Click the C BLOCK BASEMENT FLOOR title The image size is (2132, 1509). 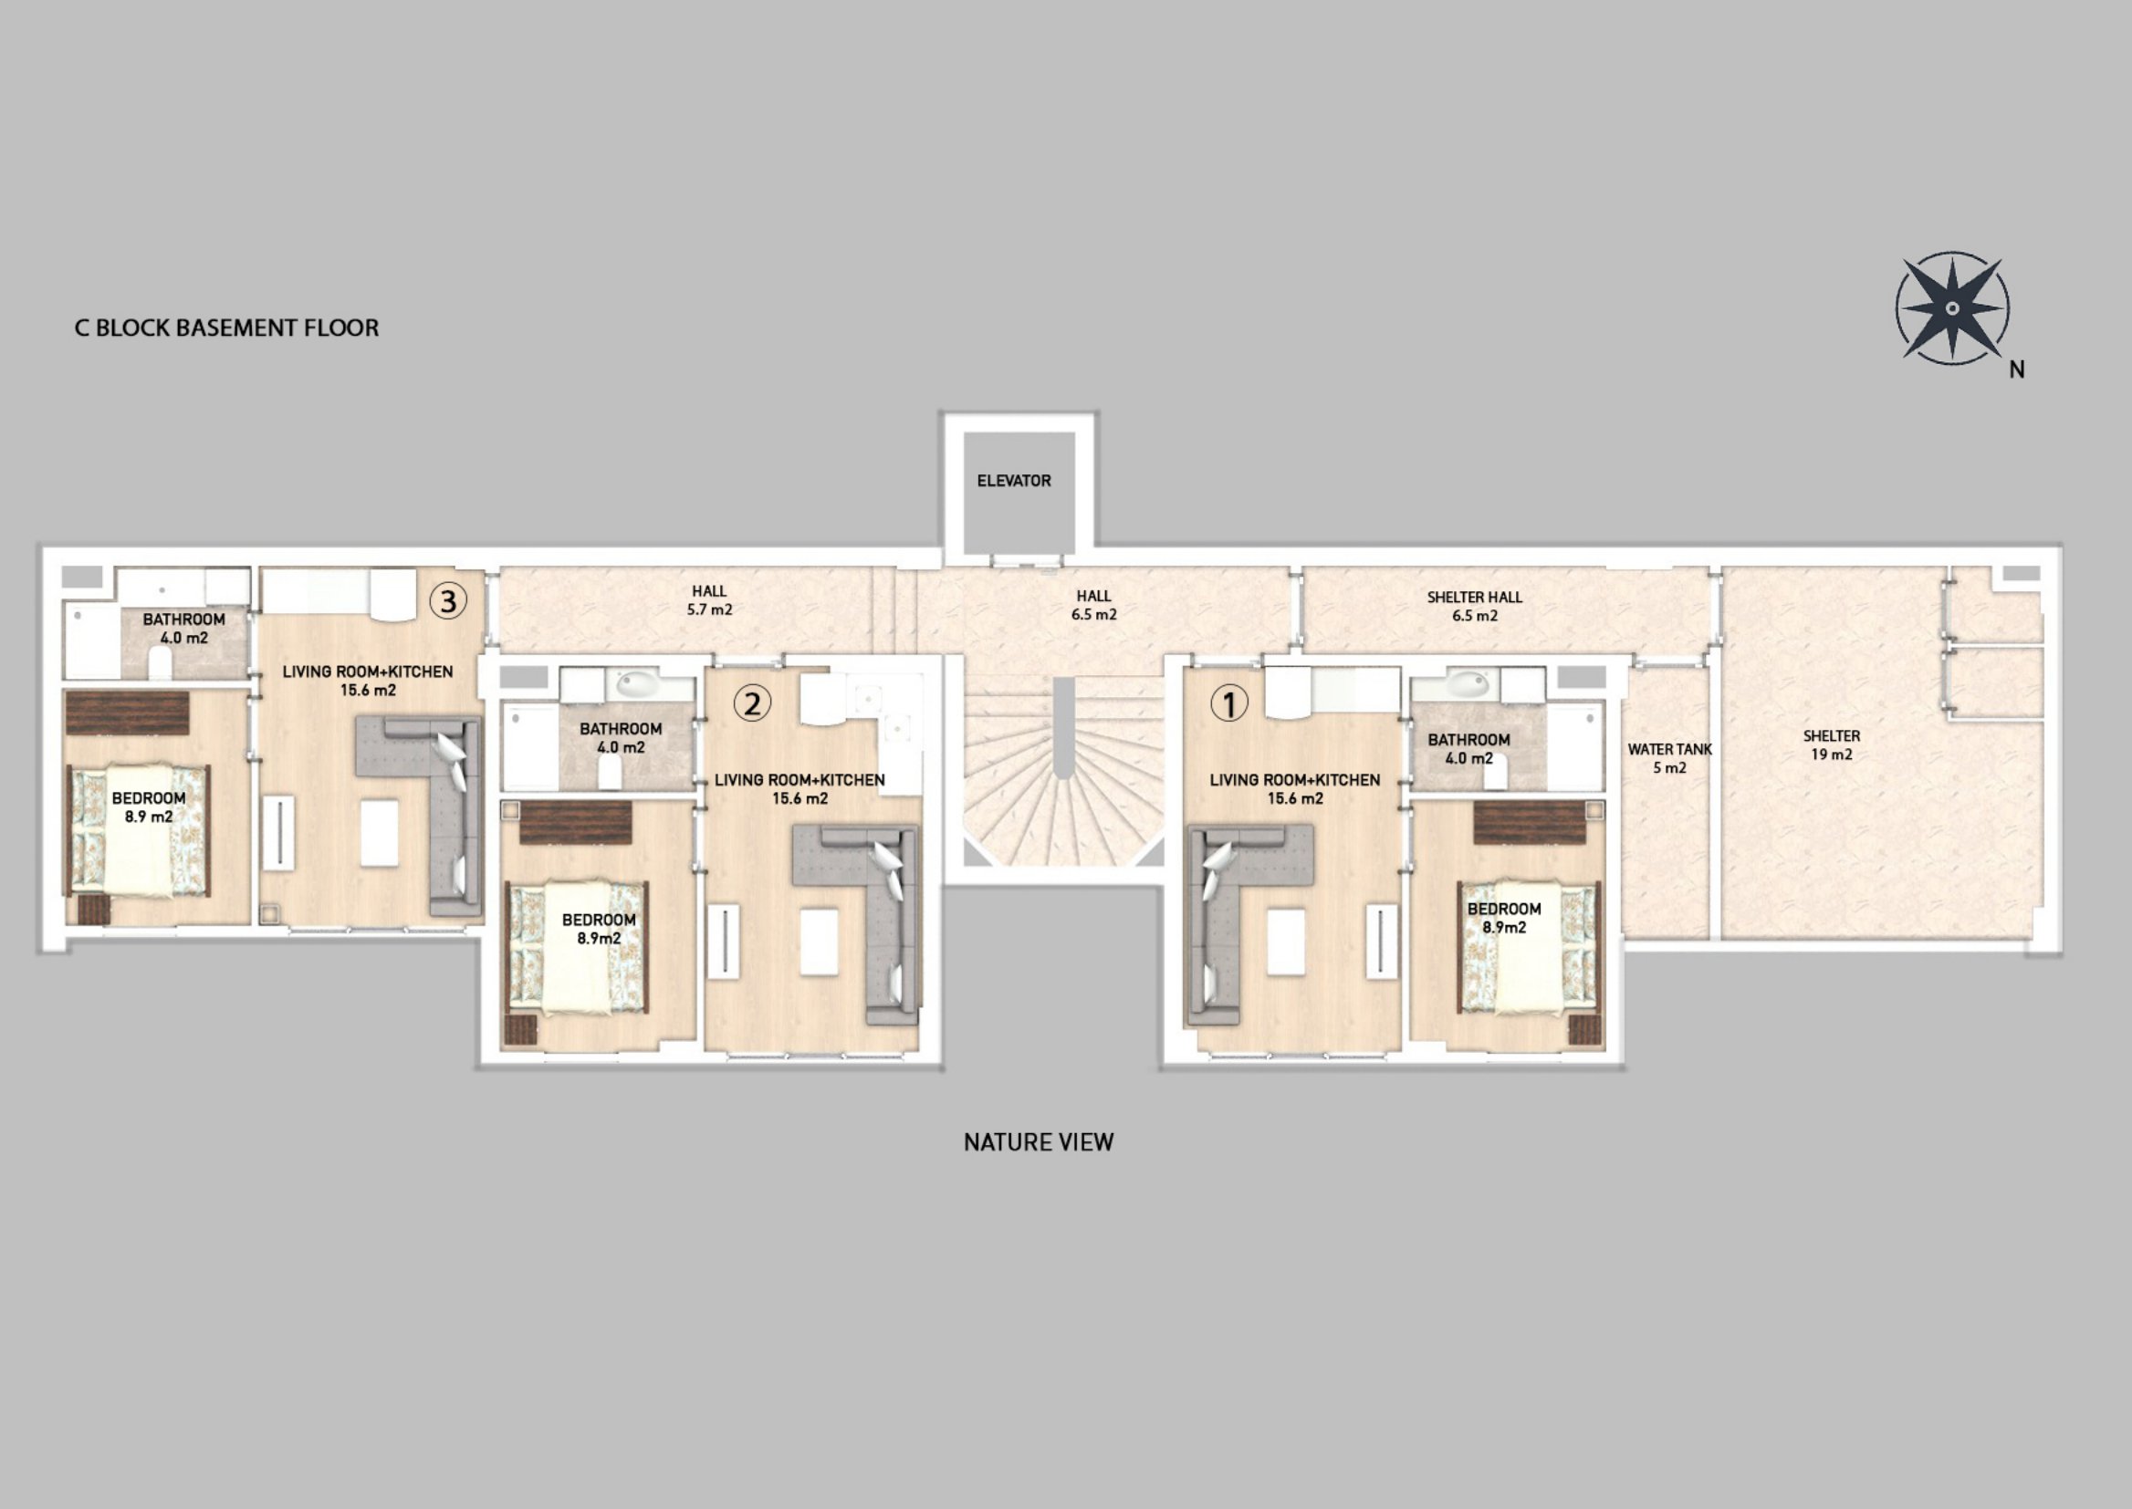point(226,328)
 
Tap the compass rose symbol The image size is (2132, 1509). point(1952,308)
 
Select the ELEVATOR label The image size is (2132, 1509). point(1014,481)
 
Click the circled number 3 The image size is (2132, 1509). point(448,601)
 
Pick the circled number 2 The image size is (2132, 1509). point(752,703)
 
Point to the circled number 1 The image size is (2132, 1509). point(1228,704)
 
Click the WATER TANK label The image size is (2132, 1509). point(1669,758)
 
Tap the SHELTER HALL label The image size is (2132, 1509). point(1475,606)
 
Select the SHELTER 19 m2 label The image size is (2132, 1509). point(1832,745)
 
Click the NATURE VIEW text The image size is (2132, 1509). point(1038,1143)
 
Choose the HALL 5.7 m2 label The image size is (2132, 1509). point(709,600)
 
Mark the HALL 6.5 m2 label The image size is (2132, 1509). point(1094,605)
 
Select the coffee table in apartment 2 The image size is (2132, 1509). point(819,942)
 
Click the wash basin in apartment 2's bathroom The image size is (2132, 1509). point(638,685)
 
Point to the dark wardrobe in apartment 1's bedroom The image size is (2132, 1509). point(1530,823)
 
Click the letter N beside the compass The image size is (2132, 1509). point(2017,369)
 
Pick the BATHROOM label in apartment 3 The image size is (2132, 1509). point(184,628)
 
